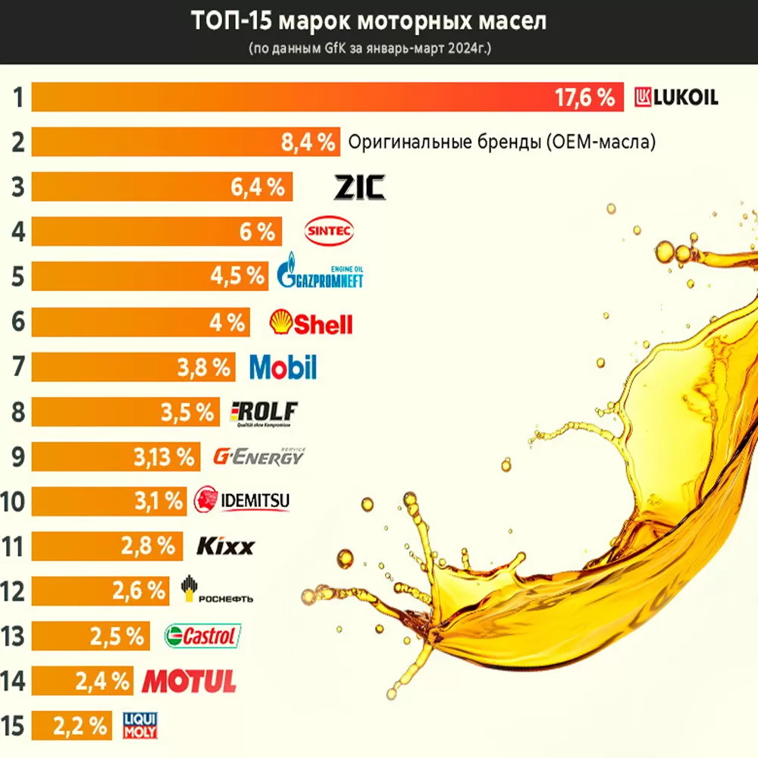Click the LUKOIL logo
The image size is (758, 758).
coord(676,97)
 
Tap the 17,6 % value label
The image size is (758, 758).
coord(584,98)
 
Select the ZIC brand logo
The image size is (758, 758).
coord(359,186)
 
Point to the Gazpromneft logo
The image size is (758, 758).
coord(321,274)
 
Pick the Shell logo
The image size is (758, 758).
coord(312,323)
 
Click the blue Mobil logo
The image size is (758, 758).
coord(283,368)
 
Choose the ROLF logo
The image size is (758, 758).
coord(264,412)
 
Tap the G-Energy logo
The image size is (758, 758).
coord(258,456)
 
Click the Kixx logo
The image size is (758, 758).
coord(226,546)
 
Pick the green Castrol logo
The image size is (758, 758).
coord(202,636)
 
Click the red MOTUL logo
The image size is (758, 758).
coord(189,681)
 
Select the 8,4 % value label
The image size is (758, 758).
coord(308,143)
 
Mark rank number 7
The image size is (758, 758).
coord(17,368)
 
